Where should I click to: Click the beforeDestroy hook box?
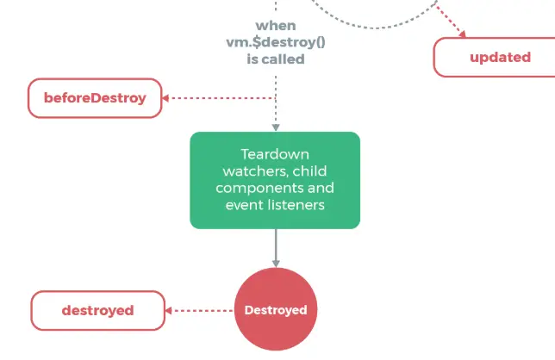(95, 98)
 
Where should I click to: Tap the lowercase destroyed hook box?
(97, 310)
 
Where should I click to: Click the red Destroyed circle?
(276, 309)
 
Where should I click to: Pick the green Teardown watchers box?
(275, 180)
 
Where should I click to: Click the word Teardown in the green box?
(275, 154)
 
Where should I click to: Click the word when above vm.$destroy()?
(275, 26)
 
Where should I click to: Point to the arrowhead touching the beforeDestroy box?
(167, 98)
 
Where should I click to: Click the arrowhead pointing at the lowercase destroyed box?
(171, 310)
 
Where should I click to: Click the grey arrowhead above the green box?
(276, 126)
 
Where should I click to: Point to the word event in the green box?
(241, 205)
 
